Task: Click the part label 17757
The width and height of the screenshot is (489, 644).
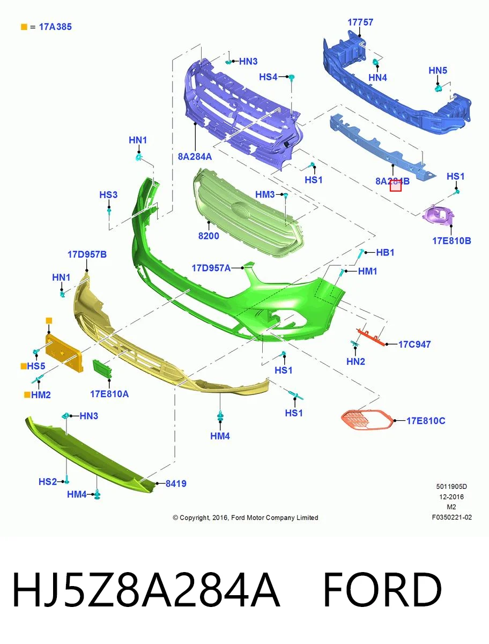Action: point(360,23)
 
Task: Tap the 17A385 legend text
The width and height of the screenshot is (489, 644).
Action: point(55,27)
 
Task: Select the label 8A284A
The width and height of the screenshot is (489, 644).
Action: point(195,157)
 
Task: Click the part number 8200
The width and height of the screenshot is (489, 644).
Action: point(209,236)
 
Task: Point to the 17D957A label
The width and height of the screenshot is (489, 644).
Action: point(211,268)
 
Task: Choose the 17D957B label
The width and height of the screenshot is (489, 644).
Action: point(87,254)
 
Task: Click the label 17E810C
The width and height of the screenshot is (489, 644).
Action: point(426,421)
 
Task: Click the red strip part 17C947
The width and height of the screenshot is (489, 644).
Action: point(371,338)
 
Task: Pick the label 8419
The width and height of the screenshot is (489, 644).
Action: point(176,484)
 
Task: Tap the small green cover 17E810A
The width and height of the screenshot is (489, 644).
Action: point(102,369)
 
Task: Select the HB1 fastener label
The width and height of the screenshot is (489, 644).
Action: point(385,252)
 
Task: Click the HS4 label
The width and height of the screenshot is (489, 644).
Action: point(268,77)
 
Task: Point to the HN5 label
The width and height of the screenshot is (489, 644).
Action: point(438,70)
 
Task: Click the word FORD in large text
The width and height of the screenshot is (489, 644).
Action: point(382,590)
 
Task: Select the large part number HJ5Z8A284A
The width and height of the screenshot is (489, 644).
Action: point(146,590)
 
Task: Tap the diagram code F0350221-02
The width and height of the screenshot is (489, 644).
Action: point(452,517)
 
